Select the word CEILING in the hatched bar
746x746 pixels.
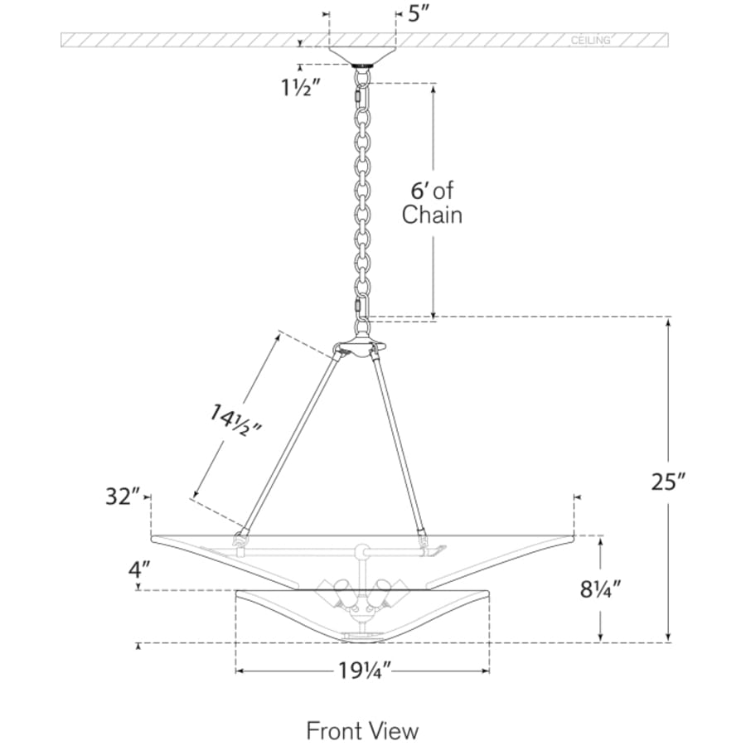click(x=590, y=41)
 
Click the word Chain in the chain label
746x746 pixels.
click(x=432, y=215)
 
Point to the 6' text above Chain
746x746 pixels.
click(x=419, y=191)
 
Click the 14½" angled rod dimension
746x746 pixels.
click(x=236, y=420)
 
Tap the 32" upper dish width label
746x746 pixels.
click(x=123, y=497)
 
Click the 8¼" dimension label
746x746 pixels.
click(x=600, y=590)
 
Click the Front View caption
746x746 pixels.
click(x=362, y=730)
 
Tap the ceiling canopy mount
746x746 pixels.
click(x=362, y=56)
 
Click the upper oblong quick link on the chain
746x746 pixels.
click(x=358, y=97)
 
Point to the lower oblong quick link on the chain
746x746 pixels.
click(x=359, y=308)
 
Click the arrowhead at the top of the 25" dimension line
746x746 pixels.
click(x=668, y=322)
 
